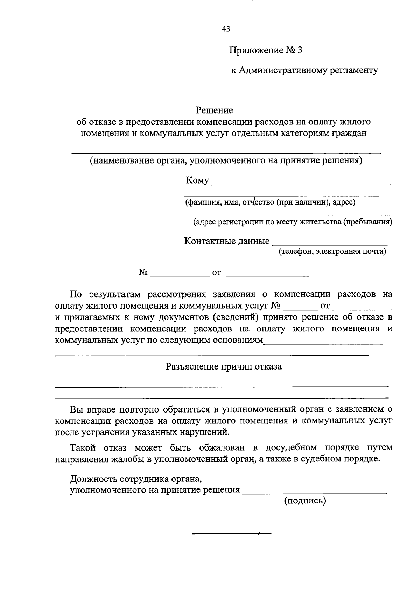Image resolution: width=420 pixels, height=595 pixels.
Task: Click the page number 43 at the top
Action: tap(226, 29)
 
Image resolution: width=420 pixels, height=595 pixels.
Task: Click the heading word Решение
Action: tap(214, 110)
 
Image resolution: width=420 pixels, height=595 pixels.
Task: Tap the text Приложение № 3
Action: tap(266, 50)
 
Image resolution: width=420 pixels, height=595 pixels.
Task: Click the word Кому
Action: tap(197, 180)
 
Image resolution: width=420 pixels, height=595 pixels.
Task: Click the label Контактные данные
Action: tap(227, 241)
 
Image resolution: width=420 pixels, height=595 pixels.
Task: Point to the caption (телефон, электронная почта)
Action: tap(332, 251)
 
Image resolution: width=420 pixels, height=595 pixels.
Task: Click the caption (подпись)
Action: tap(305, 501)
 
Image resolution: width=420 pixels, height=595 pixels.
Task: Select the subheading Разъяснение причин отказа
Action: tap(224, 367)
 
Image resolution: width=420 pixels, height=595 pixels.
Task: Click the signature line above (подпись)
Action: tap(315, 493)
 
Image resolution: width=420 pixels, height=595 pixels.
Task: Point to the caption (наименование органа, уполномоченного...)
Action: tap(226, 161)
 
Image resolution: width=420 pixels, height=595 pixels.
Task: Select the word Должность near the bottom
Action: tap(94, 478)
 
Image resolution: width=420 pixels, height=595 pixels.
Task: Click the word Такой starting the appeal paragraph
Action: tap(84, 447)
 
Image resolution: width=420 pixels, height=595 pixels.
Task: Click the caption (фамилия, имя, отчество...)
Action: tap(270, 202)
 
